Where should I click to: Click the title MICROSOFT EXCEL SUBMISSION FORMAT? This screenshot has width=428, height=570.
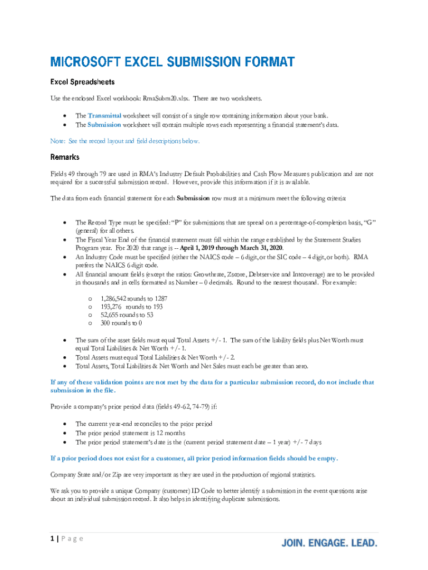click(x=172, y=62)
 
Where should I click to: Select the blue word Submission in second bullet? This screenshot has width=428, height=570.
click(x=104, y=125)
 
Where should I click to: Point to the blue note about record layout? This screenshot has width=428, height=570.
click(x=125, y=141)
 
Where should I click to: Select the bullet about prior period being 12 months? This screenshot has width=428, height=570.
click(x=130, y=433)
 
